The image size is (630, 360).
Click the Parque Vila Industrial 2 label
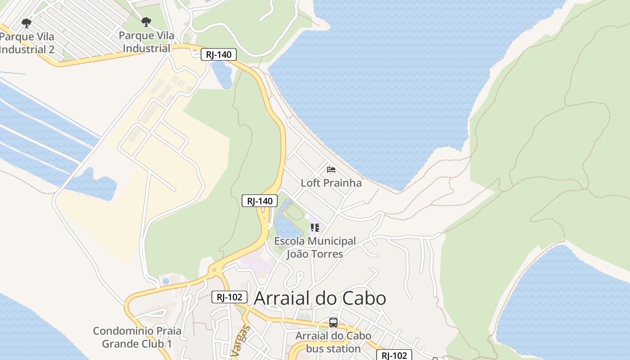(x=27, y=43)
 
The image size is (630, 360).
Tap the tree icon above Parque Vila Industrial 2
(x=27, y=22)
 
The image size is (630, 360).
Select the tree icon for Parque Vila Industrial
(x=146, y=22)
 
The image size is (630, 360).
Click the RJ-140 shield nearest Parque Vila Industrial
(x=219, y=55)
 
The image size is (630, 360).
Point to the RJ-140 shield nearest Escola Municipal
(x=260, y=201)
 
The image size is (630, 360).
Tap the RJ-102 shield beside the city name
(x=229, y=297)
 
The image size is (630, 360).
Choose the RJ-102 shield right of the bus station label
(x=394, y=355)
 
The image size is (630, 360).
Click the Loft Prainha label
(x=331, y=183)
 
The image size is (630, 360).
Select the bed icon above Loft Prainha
(x=331, y=170)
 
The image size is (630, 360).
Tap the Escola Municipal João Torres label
(x=315, y=247)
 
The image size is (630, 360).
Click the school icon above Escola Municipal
(x=315, y=228)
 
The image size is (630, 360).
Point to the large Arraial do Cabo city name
(x=320, y=298)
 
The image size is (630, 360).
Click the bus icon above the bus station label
(x=333, y=322)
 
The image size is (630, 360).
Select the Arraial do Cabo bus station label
(x=333, y=342)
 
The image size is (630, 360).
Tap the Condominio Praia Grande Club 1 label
(x=137, y=337)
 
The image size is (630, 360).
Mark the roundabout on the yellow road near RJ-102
(x=214, y=270)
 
